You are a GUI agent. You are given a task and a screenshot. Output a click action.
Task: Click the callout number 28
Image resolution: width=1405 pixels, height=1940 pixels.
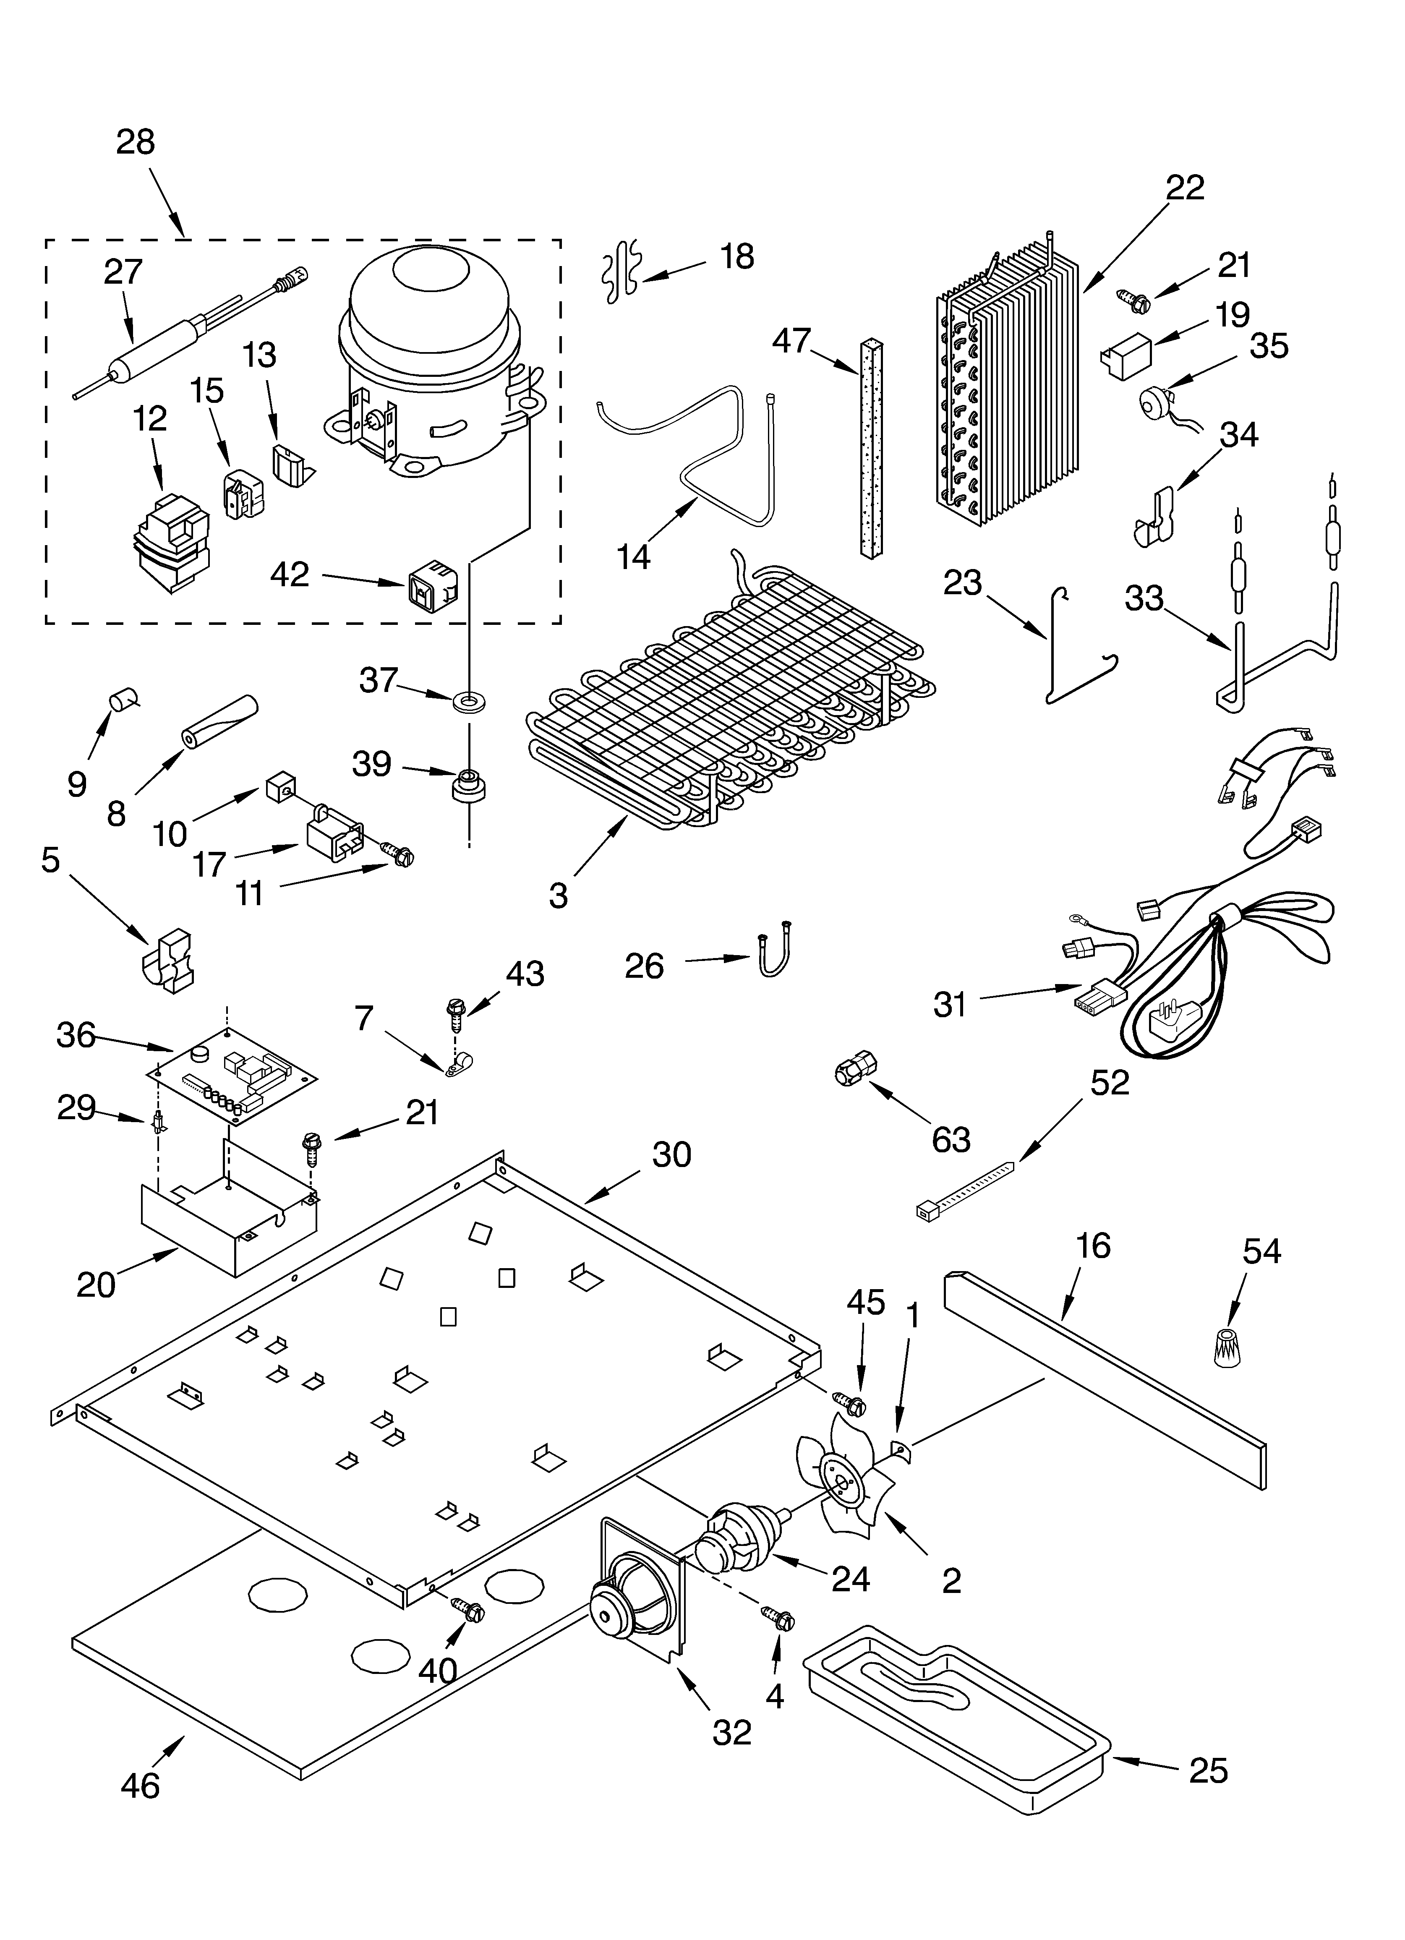(135, 142)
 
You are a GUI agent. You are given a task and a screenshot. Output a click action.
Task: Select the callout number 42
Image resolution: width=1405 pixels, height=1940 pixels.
(289, 574)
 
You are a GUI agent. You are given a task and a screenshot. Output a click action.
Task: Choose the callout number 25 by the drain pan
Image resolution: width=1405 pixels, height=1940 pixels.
(1207, 1770)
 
